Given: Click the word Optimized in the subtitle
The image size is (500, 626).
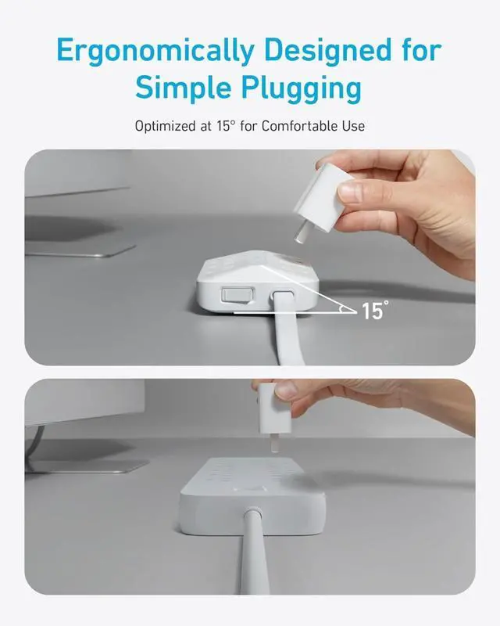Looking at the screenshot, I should [166, 126].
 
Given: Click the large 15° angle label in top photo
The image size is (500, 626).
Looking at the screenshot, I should [374, 311].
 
